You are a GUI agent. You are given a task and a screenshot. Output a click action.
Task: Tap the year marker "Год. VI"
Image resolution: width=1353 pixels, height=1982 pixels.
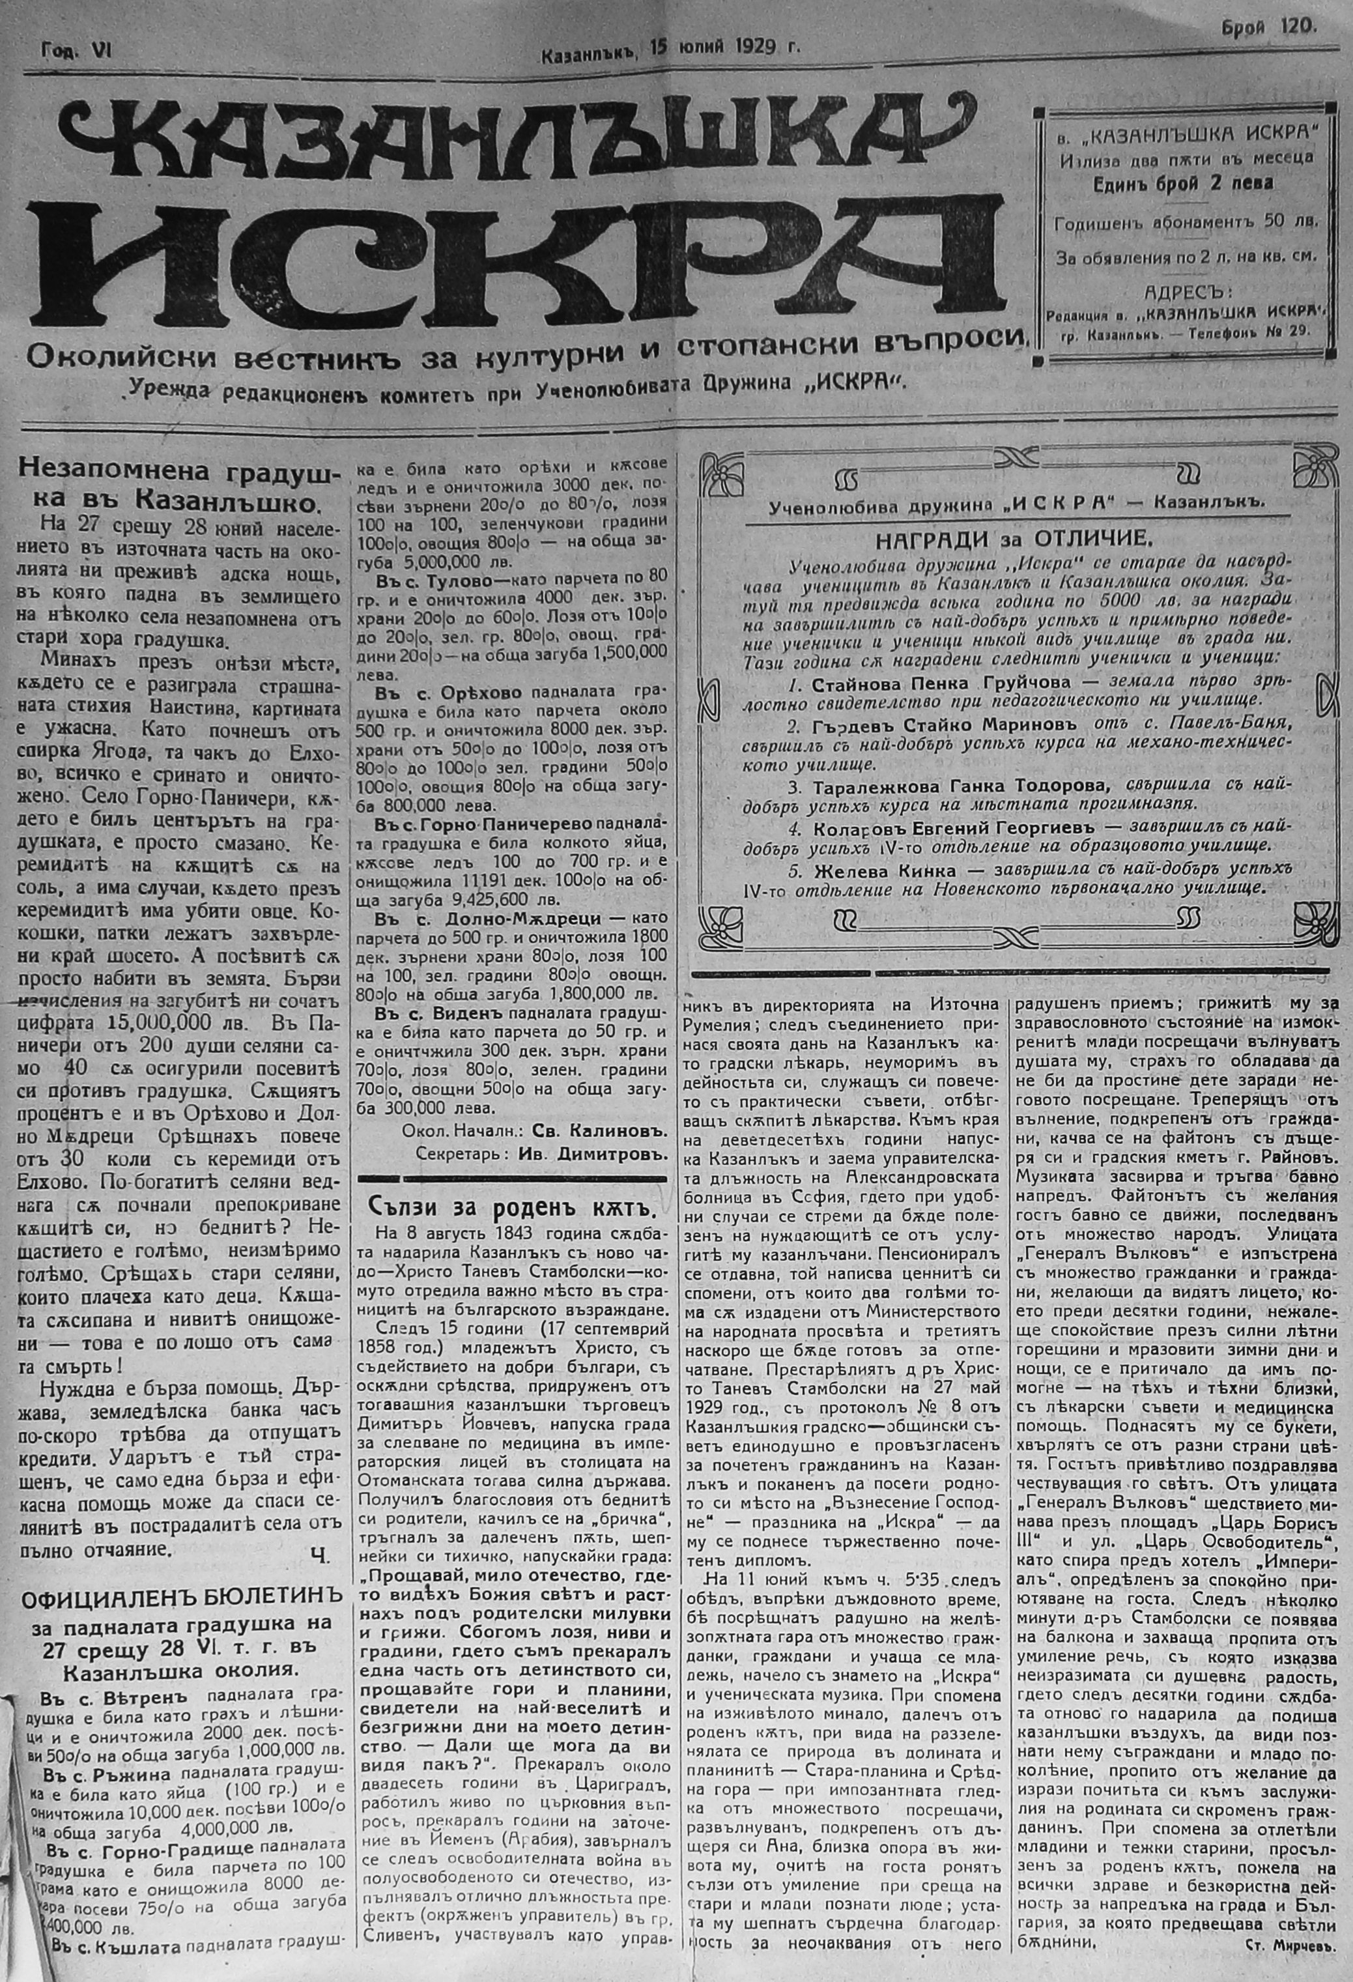coord(72,51)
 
